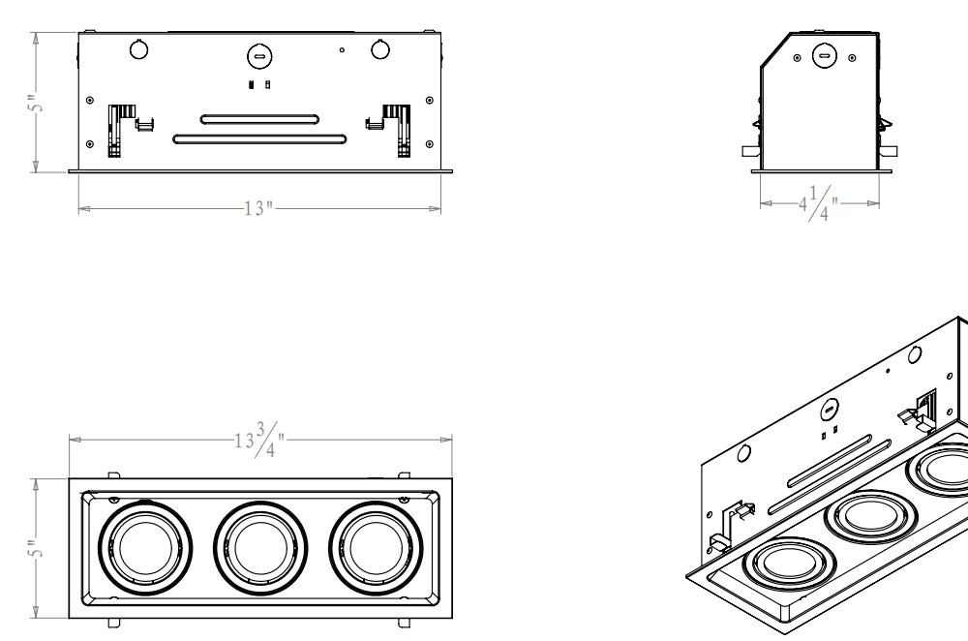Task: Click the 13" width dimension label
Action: point(259,208)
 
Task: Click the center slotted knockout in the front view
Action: point(258,57)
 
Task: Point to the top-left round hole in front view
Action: point(137,48)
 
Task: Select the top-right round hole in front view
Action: point(379,48)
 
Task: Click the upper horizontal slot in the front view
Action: point(258,119)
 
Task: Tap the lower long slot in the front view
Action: point(258,138)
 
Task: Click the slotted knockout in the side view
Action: point(824,56)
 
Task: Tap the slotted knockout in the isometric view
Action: point(830,411)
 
